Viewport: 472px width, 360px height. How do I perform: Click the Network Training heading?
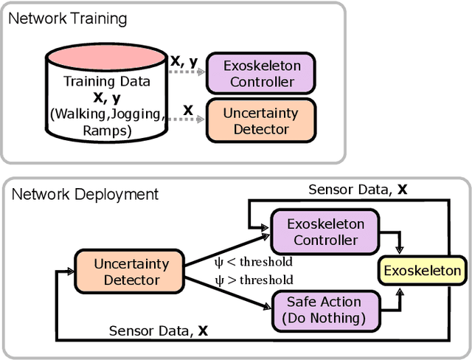[67, 18]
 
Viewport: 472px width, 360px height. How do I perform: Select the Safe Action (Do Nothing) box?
[324, 310]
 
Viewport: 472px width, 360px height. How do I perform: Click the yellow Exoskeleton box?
[422, 271]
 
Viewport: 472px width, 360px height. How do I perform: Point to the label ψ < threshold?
[253, 262]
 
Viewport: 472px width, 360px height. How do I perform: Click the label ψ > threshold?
[253, 280]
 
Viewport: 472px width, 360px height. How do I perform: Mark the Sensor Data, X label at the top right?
[358, 190]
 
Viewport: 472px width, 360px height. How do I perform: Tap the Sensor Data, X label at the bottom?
[159, 330]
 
